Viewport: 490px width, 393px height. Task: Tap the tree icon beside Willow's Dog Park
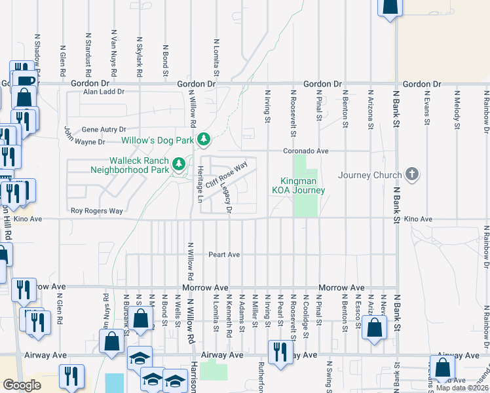[x=204, y=139]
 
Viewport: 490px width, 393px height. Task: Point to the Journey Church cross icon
[x=411, y=174]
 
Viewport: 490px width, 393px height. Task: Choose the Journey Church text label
[x=369, y=175]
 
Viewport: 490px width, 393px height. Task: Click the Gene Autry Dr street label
[x=104, y=130]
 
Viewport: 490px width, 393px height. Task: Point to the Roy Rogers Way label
[x=97, y=211]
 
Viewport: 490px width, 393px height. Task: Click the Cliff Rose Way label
[x=226, y=175]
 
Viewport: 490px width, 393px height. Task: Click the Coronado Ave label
[x=305, y=151]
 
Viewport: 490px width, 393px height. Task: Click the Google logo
[x=22, y=386]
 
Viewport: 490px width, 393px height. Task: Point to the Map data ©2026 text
[x=461, y=388]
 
